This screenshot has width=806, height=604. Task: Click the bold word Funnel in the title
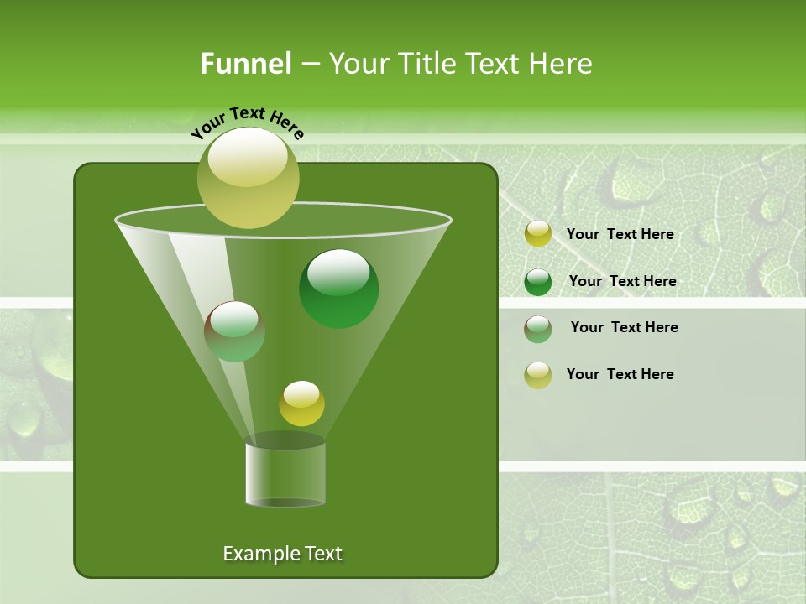[x=245, y=64]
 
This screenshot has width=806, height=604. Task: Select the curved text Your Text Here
[x=248, y=122]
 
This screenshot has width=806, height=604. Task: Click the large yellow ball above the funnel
[x=249, y=178]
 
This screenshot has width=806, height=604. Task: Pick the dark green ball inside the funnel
[x=339, y=289]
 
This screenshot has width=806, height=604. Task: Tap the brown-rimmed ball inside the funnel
[x=235, y=331]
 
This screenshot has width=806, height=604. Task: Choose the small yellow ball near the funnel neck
[x=301, y=404]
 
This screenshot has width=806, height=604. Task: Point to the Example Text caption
[x=282, y=554]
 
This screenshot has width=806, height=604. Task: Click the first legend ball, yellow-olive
[x=538, y=234]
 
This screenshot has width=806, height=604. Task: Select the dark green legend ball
[x=538, y=282]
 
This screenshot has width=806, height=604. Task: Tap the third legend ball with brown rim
[x=538, y=329]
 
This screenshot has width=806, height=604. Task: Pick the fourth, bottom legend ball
[x=538, y=375]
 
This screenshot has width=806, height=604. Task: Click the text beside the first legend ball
[x=620, y=234]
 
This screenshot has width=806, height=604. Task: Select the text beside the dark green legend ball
[x=622, y=281]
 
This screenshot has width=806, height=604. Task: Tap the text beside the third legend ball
[x=624, y=327]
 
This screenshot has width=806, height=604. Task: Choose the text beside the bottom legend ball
[x=620, y=374]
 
